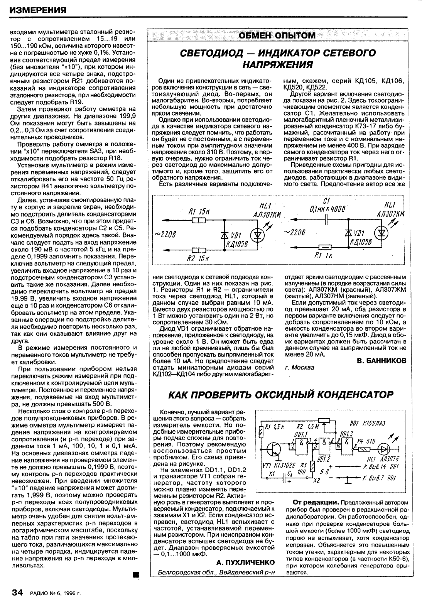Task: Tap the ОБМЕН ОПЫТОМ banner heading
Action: [x=277, y=35]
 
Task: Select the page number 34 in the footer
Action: [x=18, y=592]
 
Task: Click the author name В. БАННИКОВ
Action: [x=381, y=361]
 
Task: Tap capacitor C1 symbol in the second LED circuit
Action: [x=326, y=221]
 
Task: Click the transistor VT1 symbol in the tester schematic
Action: [x=274, y=449]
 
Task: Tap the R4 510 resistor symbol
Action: [x=365, y=449]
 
